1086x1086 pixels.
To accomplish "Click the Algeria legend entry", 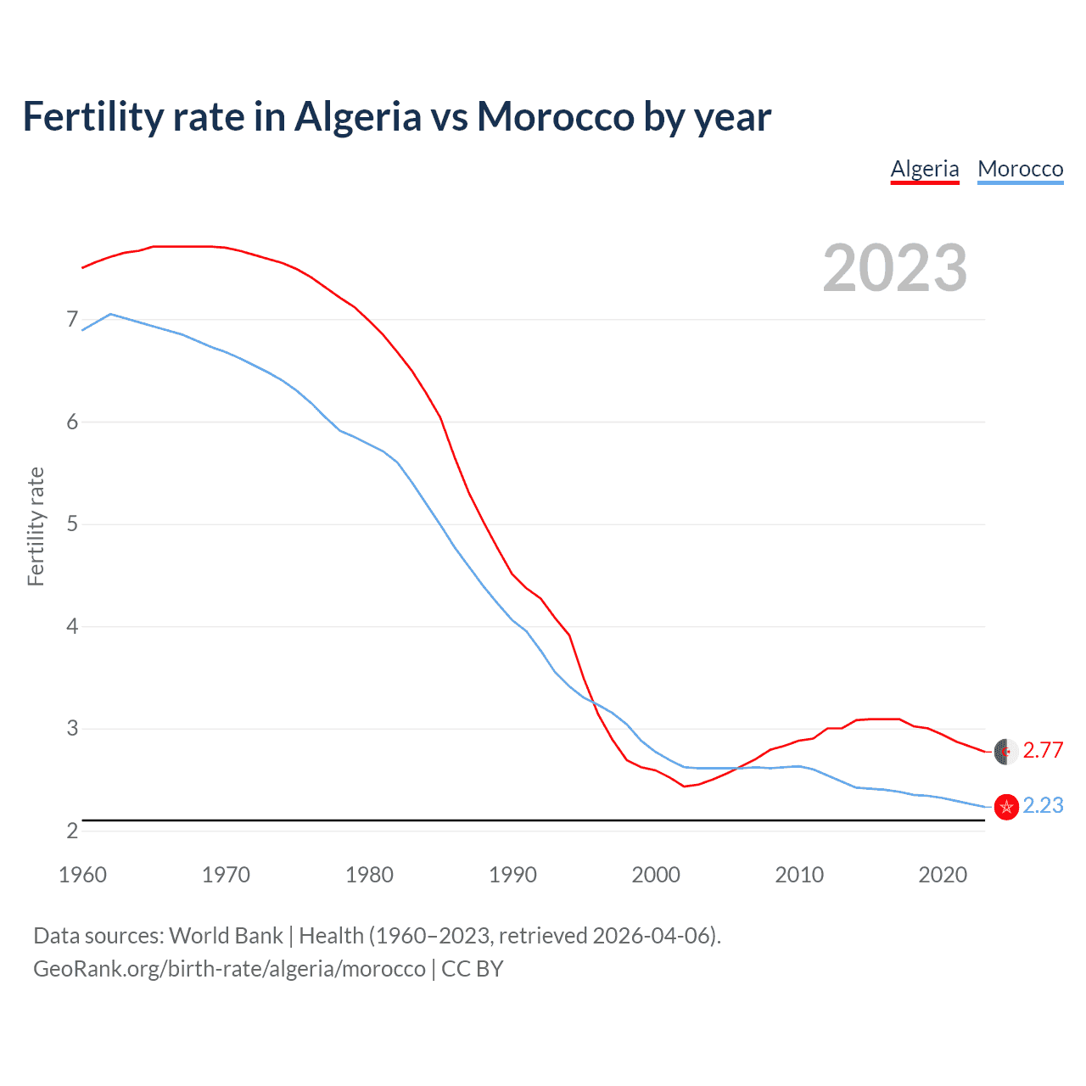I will click(925, 169).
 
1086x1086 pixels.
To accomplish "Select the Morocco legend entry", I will click(1020, 169).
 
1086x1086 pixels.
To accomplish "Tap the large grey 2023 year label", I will click(895, 268).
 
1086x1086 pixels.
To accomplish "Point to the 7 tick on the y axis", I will click(72, 320).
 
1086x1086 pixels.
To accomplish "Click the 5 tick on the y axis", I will click(72, 524).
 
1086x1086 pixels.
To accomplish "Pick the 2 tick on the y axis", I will click(72, 831).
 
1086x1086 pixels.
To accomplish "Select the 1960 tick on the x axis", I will click(82, 875).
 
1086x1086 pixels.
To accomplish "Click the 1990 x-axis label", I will click(512, 875).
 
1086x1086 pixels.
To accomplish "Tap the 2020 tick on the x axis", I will click(943, 875).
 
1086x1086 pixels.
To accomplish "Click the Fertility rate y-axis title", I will click(36, 526).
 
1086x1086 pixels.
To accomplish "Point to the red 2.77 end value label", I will click(1043, 751).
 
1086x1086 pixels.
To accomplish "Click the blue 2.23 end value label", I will click(1043, 806).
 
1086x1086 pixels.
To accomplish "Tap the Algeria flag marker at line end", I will click(1005, 752).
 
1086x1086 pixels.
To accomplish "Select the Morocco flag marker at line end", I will click(1005, 807).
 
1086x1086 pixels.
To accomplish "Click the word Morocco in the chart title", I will click(555, 117).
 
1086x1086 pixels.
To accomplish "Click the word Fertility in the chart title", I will click(92, 117).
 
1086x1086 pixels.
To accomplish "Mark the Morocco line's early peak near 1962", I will click(111, 314).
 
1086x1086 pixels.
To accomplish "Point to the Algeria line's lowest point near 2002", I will click(684, 787).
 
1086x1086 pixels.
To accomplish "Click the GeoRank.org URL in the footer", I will click(229, 969).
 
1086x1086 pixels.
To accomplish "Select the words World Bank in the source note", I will click(226, 936).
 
